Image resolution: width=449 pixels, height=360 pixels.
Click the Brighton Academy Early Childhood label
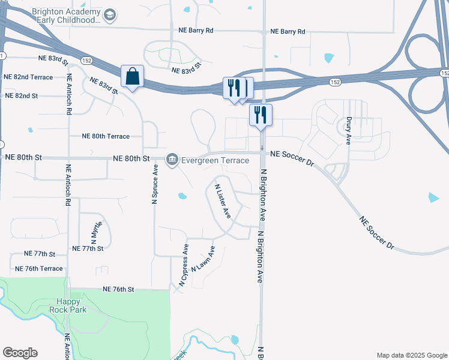click(65, 16)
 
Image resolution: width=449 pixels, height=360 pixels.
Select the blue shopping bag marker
click(132, 77)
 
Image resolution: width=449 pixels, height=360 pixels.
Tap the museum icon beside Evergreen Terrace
click(172, 160)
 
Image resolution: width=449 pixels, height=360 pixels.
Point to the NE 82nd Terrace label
click(28, 77)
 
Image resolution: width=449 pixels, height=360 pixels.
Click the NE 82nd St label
click(22, 95)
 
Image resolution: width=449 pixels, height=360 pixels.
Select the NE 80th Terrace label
click(106, 136)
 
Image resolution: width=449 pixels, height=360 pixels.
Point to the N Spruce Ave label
click(155, 184)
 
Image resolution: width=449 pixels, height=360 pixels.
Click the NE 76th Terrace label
click(38, 268)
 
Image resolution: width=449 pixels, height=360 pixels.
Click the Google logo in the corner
click(20, 353)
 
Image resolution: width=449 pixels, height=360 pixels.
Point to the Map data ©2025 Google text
click(411, 355)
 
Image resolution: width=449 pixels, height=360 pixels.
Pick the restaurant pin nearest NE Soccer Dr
click(261, 115)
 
